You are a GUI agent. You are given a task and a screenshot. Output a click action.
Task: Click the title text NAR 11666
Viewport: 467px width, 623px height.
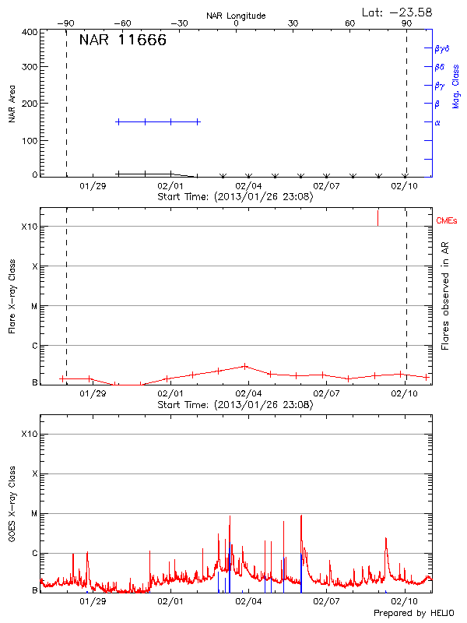(122, 41)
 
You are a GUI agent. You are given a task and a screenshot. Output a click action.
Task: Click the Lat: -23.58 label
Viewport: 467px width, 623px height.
(398, 12)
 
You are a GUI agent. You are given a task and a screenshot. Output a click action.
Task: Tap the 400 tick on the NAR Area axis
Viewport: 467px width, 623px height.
(30, 32)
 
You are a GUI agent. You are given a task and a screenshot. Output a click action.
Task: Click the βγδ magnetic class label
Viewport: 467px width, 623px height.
(442, 48)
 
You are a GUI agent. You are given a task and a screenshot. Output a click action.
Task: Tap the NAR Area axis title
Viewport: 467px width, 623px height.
(12, 104)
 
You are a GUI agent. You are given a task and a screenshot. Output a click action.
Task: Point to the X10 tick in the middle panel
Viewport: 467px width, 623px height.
(30, 227)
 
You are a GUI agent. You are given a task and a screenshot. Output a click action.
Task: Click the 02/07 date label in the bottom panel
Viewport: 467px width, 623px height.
(326, 602)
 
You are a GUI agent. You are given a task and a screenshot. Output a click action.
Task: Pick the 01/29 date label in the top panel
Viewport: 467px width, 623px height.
(92, 187)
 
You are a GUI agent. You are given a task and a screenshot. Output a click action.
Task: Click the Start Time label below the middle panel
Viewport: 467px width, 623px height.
(235, 405)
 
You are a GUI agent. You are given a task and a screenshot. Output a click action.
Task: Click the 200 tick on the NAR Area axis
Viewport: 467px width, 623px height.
(30, 104)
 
